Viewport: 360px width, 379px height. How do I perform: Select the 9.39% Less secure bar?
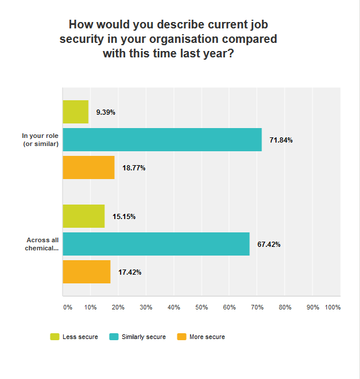[75, 112]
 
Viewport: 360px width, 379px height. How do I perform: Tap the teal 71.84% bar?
[162, 140]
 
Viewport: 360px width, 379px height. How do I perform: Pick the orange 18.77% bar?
[88, 167]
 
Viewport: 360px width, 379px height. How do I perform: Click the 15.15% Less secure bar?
[83, 216]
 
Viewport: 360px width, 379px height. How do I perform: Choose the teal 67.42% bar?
[156, 244]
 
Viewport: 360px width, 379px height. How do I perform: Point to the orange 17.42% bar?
[86, 272]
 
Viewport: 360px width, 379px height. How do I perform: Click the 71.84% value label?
[281, 140]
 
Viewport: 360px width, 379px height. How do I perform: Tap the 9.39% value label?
[106, 112]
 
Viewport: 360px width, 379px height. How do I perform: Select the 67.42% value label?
[269, 245]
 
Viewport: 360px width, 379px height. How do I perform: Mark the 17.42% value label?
[130, 272]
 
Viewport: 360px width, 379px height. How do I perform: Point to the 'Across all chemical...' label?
[42, 244]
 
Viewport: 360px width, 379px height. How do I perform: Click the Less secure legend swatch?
[55, 337]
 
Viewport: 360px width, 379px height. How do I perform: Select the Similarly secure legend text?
[143, 337]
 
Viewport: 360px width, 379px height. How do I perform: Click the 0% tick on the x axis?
[67, 307]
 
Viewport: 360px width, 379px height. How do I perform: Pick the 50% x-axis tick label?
[201, 307]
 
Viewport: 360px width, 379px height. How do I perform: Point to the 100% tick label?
[333, 307]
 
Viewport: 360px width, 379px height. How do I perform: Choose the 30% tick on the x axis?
[146, 307]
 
